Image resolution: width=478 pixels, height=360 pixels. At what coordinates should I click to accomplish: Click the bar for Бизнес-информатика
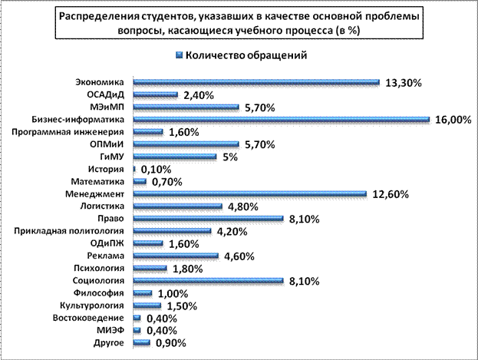[x=280, y=120]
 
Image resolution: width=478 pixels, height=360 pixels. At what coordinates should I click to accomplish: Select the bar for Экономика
[x=256, y=83]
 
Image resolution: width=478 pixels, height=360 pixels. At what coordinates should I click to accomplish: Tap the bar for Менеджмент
[x=249, y=194]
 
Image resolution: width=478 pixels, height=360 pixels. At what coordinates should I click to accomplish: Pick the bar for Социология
[x=208, y=281]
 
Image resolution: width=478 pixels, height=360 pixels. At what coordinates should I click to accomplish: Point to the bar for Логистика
[x=177, y=206]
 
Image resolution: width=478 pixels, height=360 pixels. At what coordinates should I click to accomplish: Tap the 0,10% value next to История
[x=155, y=170]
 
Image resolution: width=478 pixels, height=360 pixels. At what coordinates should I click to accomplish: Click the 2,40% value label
[x=198, y=95]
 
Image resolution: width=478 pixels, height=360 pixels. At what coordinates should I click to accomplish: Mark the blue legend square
[x=179, y=55]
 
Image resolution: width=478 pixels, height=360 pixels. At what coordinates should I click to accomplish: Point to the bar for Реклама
[x=176, y=256]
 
